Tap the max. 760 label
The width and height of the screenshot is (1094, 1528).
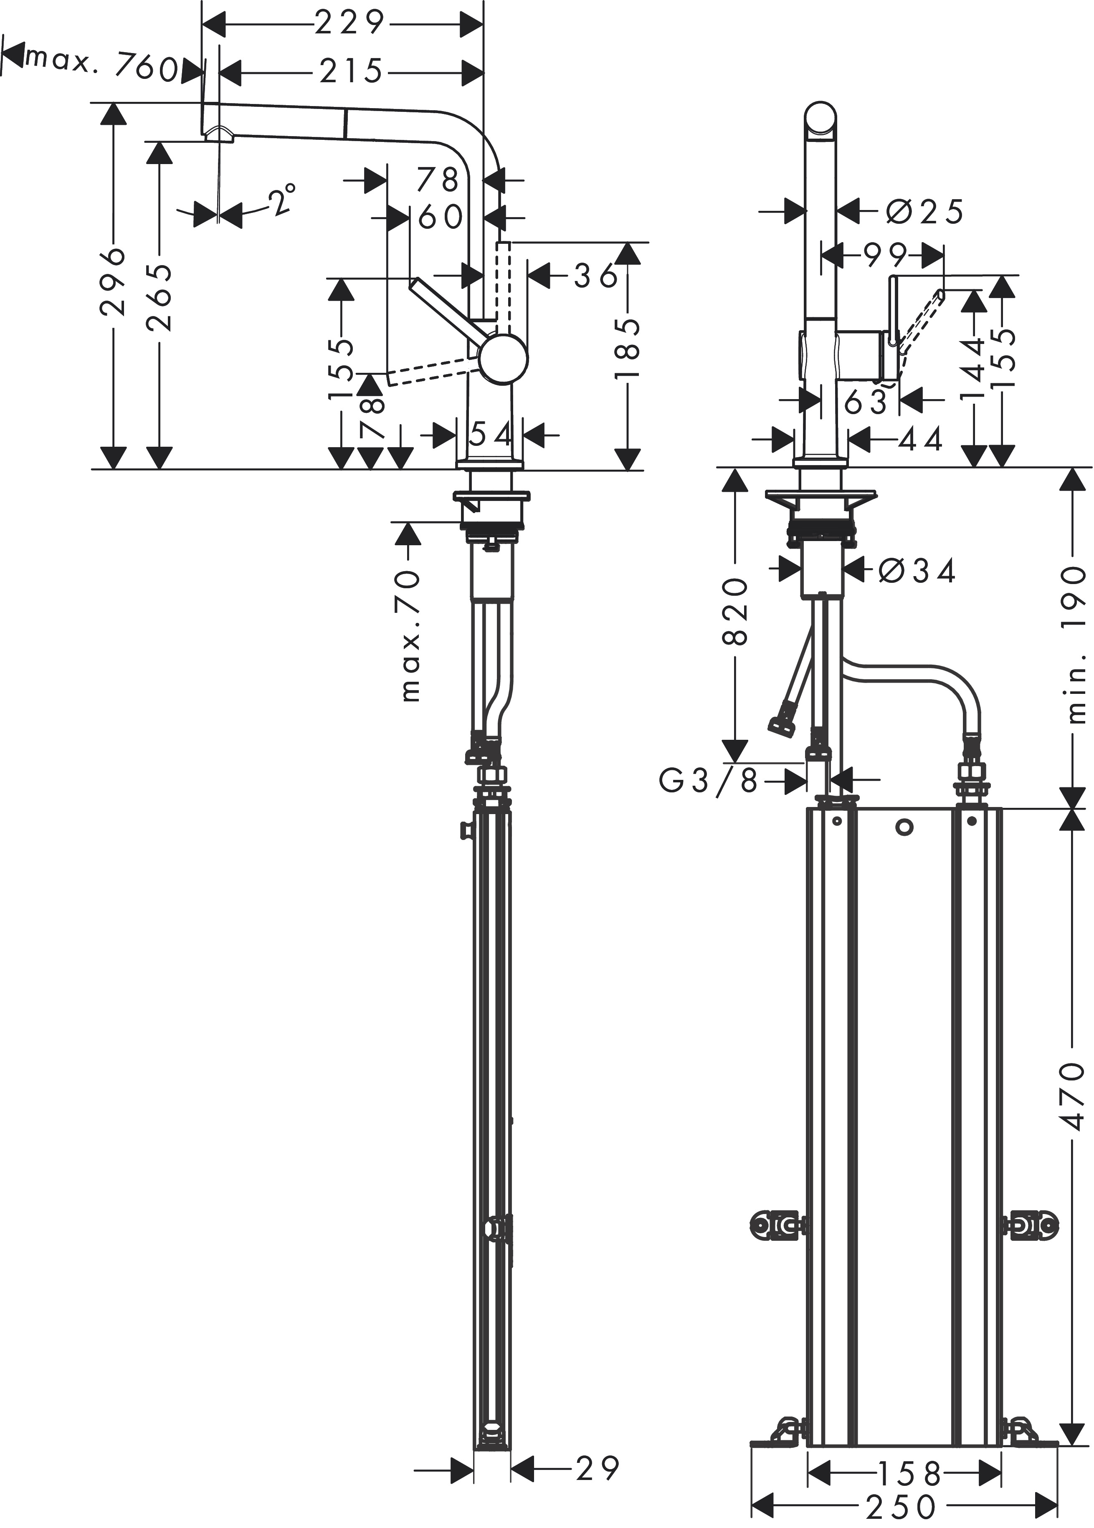point(102,65)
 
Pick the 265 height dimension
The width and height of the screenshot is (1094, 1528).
point(159,297)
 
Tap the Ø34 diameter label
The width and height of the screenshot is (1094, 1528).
point(917,572)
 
